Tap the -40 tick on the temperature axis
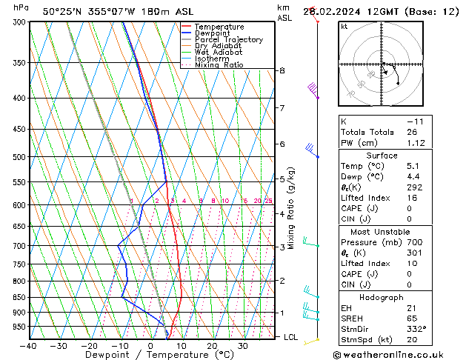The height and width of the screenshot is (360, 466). [x=29, y=345]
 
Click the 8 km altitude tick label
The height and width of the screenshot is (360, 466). [x=282, y=70]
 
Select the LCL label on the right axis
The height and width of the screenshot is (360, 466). [x=291, y=337]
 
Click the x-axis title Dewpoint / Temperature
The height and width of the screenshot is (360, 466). [x=150, y=355]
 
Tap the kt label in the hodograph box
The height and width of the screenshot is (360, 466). [x=344, y=26]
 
